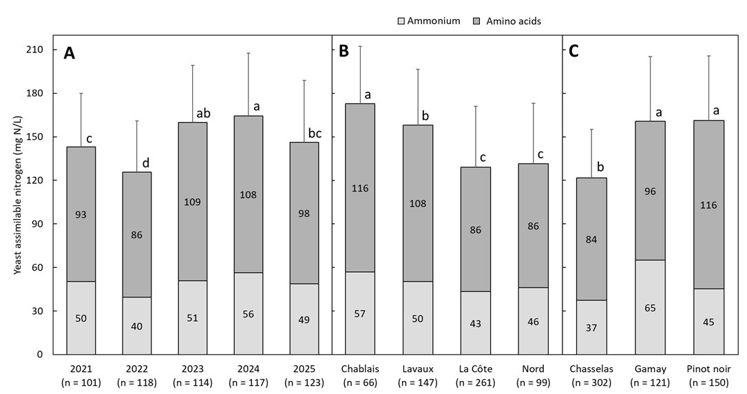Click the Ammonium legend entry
click(429, 21)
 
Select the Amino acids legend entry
click(507, 21)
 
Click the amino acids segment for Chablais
click(360, 188)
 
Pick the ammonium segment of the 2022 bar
click(137, 326)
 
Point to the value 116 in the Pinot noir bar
click(708, 205)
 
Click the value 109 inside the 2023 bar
click(193, 202)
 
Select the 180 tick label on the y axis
click(36, 94)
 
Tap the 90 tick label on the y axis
click(38, 224)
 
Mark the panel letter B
click(344, 52)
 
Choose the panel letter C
click(574, 52)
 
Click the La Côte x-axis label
click(476, 369)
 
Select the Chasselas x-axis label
click(591, 369)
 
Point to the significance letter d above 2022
click(146, 164)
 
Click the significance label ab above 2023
click(204, 114)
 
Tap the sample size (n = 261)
click(476, 382)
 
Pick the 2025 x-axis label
click(304, 369)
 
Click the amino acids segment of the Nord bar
click(534, 225)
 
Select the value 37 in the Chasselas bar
click(591, 328)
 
